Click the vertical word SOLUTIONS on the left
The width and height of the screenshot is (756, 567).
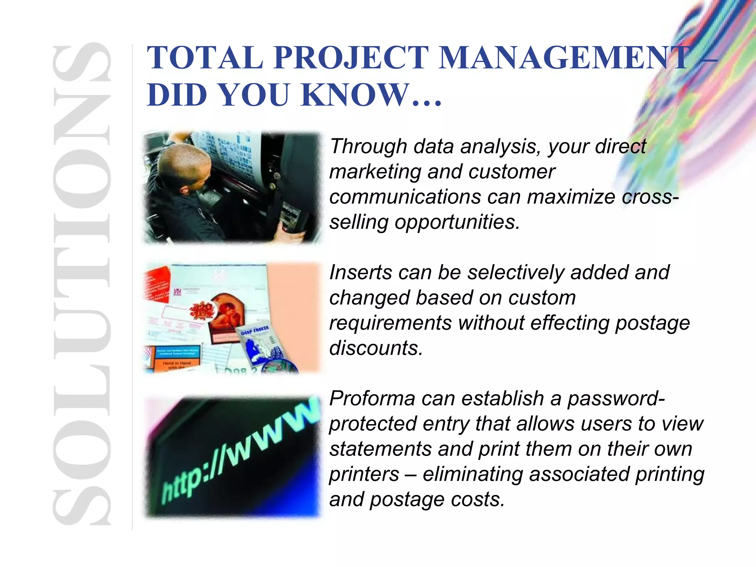click(x=82, y=284)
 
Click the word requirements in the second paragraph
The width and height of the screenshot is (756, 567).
click(x=390, y=323)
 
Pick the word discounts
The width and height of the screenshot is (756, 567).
click(x=376, y=348)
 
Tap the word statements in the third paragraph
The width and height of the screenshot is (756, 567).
click(x=380, y=449)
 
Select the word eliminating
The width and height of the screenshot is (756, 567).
click(x=473, y=474)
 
